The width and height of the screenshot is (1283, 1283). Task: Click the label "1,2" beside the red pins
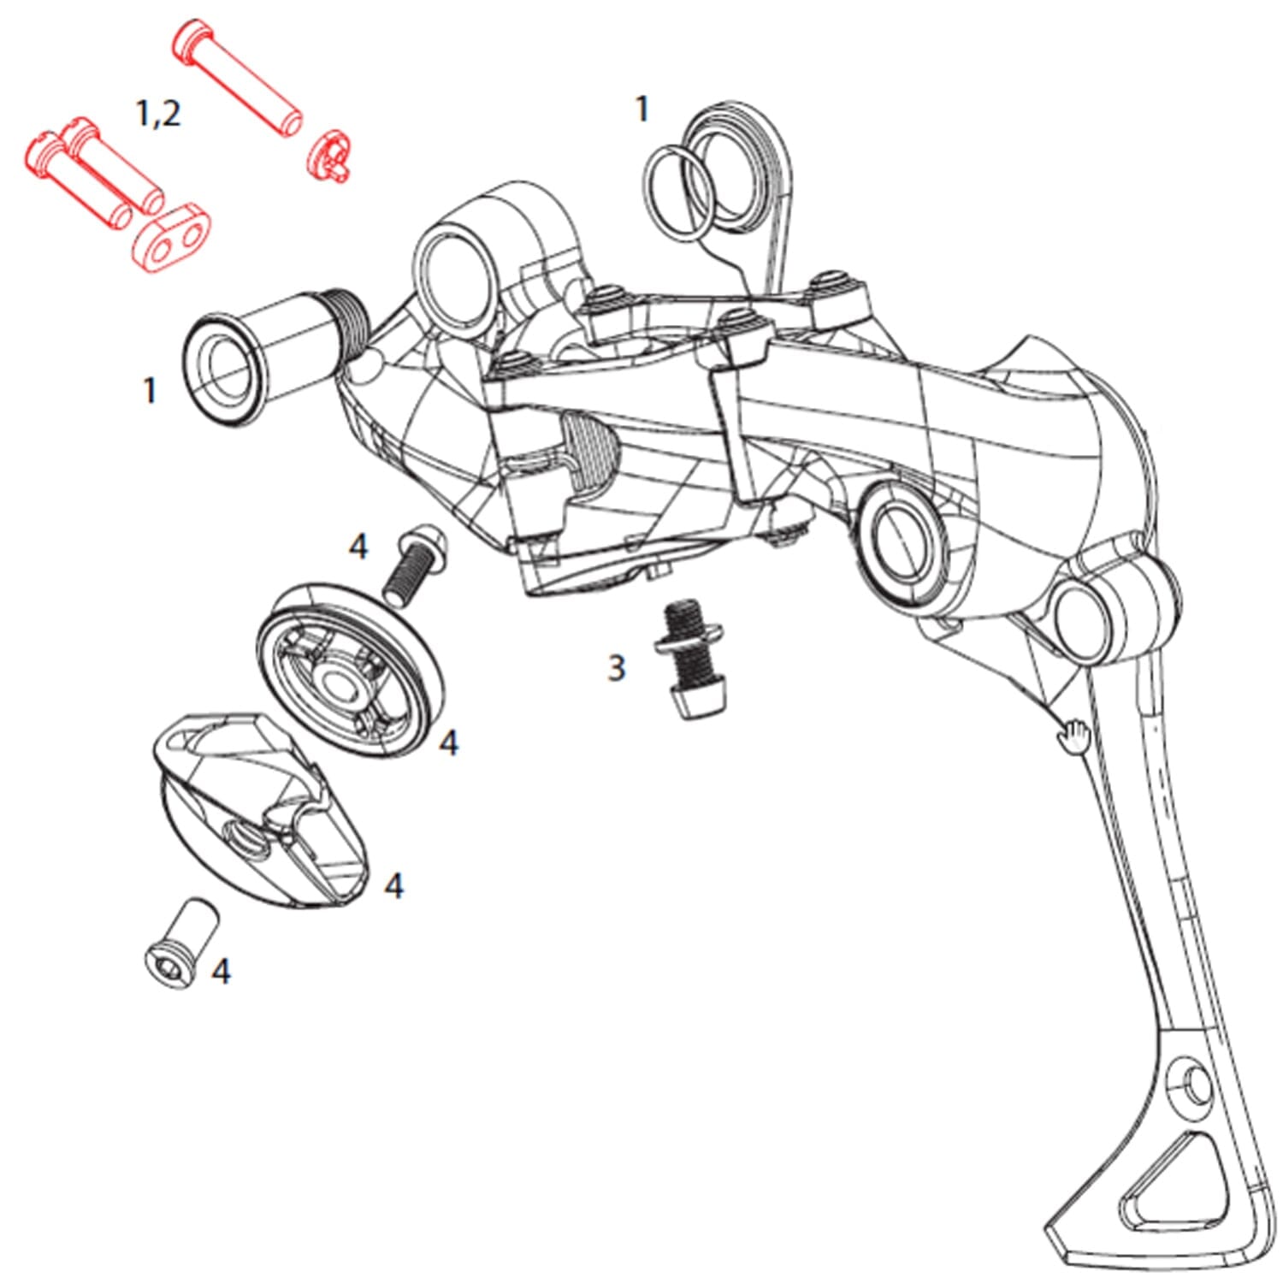coord(158,112)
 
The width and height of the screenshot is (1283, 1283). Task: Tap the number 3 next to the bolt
coord(616,667)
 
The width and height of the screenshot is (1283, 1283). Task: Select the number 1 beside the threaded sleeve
coord(151,391)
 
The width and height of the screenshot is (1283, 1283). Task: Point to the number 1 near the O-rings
coord(641,109)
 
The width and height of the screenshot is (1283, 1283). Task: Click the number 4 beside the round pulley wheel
coord(448,742)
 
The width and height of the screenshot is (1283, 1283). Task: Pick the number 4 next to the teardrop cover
coord(393,885)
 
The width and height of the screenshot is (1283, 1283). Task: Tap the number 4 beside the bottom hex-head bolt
coord(221,971)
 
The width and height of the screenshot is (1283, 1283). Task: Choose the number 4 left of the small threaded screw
coord(358,546)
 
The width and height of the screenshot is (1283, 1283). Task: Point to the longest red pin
coord(237,78)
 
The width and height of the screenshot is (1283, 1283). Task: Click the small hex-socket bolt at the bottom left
coord(182,945)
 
